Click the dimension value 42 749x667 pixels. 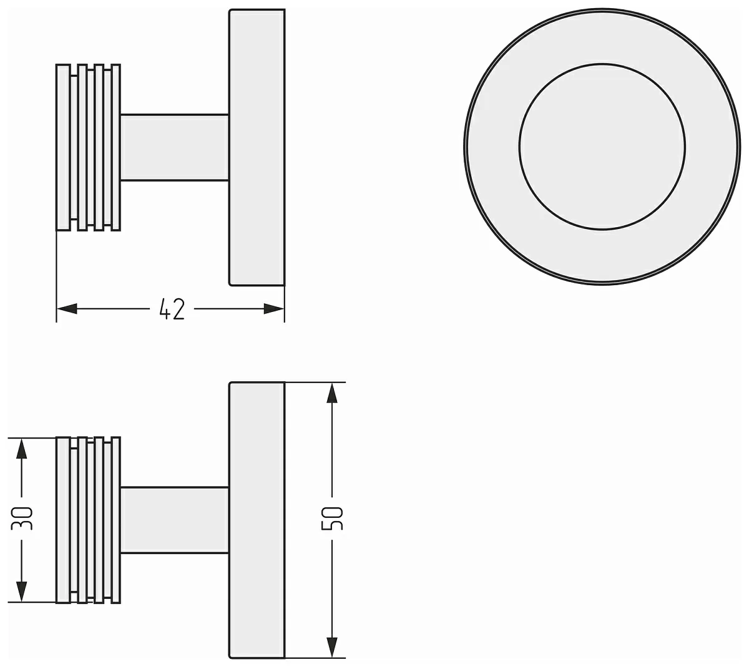(172, 309)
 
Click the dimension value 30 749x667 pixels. (22, 519)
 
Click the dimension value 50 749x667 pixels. (332, 519)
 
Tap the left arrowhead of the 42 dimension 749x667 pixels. (67, 309)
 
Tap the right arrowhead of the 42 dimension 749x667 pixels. (275, 309)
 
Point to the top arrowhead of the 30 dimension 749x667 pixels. (22, 448)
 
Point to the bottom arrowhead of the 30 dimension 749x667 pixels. (22, 592)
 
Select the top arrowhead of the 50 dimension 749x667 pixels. (332, 392)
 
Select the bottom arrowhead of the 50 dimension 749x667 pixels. (332, 647)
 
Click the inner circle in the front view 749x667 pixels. (602, 147)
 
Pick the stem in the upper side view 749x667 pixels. (175, 147)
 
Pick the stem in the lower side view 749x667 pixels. (175, 520)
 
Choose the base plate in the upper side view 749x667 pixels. (257, 147)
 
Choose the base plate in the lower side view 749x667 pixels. (257, 520)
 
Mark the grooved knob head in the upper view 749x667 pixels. (88, 147)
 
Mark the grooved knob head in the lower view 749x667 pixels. (88, 520)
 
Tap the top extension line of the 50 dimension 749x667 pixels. (315, 382)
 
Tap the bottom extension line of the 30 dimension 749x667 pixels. (31, 602)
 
